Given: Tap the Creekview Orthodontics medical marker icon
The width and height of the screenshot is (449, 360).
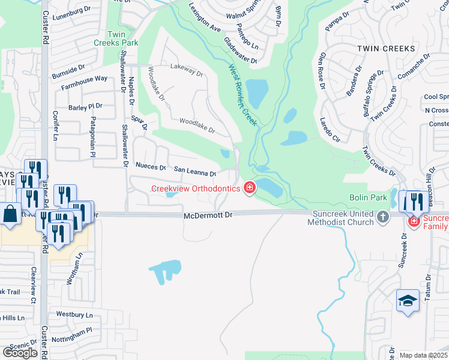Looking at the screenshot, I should tap(249, 189).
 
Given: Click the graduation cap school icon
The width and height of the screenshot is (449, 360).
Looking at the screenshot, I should tap(408, 301).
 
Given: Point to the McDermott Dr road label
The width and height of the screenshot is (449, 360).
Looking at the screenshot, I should tap(208, 215).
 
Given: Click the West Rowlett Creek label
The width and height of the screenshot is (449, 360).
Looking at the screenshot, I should tap(243, 95).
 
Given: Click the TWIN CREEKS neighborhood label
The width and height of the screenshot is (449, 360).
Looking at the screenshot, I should tap(386, 48).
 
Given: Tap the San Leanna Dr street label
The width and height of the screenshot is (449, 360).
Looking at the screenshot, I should tap(195, 172).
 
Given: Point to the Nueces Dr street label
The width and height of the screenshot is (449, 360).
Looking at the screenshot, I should tap(151, 167).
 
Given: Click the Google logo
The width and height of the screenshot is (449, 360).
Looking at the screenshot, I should tap(20, 352).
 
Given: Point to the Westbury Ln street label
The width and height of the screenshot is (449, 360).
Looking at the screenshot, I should tap(75, 314).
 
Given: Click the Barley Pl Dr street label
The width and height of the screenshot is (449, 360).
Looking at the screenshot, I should tap(86, 107).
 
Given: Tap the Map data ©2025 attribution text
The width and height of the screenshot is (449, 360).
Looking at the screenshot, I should tap(423, 355).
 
